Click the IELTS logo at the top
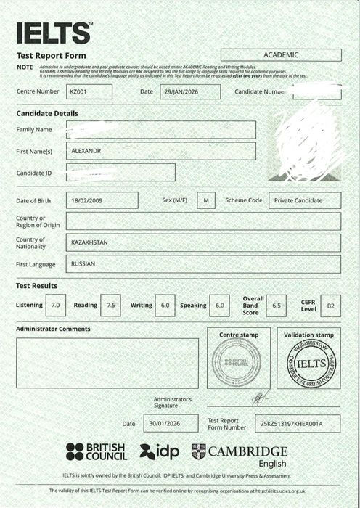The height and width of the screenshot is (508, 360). (54, 33)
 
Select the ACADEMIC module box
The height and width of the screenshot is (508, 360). (281, 55)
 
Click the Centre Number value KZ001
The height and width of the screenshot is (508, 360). (89, 92)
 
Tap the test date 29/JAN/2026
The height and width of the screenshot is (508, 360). (180, 92)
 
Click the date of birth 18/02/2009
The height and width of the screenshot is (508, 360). (102, 200)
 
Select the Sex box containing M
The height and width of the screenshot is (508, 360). (205, 200)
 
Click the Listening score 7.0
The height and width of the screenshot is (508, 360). (56, 306)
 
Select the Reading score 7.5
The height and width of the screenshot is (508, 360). (111, 306)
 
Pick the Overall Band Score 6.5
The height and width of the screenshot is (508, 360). (276, 306)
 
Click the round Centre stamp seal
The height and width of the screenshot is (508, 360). (236, 361)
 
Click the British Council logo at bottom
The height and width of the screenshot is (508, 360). (97, 451)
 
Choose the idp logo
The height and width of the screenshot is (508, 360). (159, 451)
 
